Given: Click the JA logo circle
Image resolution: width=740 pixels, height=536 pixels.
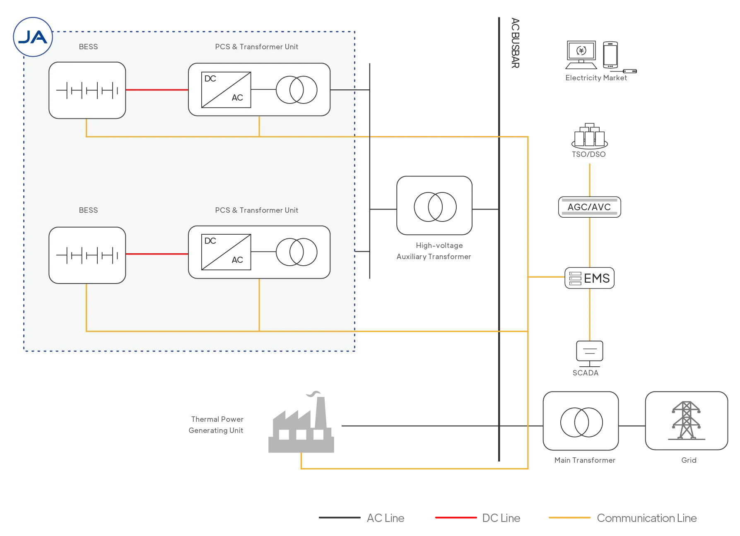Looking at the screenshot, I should tap(33, 37).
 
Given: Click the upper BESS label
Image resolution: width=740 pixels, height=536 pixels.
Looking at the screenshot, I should tap(88, 47).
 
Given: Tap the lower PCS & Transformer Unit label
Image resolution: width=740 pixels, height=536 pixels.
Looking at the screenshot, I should tap(256, 210).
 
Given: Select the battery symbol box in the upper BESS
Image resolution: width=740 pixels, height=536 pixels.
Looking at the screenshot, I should tap(87, 90).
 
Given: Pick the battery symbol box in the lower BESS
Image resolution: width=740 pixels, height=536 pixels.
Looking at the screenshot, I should tap(87, 255).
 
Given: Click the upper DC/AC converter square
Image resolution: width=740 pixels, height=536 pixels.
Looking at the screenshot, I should tap(226, 90).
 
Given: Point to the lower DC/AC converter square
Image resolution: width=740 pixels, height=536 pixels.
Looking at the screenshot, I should tap(226, 252).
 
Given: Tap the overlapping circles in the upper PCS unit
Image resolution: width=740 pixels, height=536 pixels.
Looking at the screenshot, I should tap(296, 90).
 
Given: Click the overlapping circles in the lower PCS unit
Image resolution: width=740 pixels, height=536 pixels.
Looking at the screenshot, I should tap(296, 252).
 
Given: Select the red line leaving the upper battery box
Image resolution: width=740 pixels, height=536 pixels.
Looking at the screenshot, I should tap(157, 90).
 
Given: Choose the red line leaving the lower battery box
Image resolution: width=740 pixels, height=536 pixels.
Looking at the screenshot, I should tap(157, 254).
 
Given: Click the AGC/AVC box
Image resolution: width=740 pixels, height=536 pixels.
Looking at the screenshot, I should tap(589, 207).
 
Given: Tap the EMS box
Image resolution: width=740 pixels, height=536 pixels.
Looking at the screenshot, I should tap(590, 278).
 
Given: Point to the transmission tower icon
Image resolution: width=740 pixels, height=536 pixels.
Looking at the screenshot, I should tap(686, 421).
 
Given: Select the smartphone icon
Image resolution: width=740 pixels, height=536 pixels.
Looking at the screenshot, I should tap(610, 55).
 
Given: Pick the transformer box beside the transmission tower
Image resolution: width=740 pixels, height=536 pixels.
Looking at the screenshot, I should tap(581, 421).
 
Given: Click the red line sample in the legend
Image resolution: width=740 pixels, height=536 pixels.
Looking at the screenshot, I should tap(455, 518).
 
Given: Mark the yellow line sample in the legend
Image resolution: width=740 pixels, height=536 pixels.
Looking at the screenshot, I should tap(569, 518).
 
